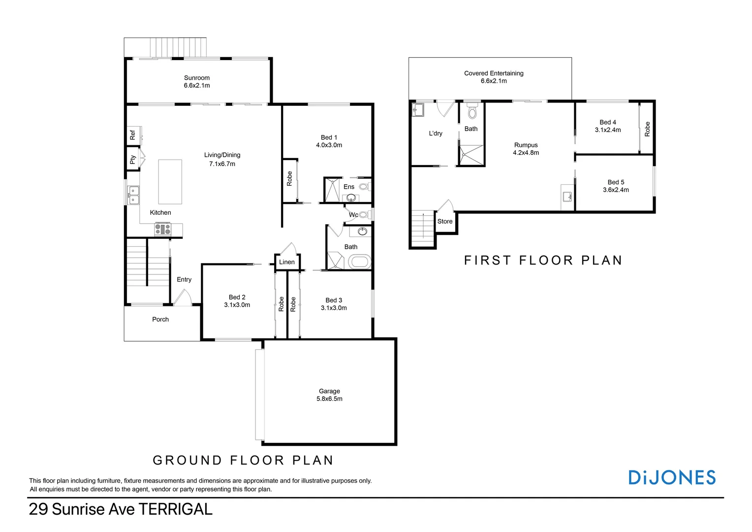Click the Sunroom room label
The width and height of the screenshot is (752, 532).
(x=196, y=78)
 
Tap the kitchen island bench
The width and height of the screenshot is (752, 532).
(x=170, y=182)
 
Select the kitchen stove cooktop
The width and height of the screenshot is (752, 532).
(x=162, y=229)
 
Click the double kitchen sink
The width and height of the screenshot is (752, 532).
(x=133, y=195)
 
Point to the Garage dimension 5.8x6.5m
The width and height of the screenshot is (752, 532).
(x=329, y=399)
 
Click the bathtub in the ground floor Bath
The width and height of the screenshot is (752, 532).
(x=359, y=262)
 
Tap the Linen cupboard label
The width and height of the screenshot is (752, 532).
(x=287, y=262)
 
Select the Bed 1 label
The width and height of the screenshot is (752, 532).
(x=329, y=137)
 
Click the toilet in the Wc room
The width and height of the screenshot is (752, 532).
(x=364, y=215)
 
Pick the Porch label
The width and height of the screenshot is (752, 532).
(x=160, y=320)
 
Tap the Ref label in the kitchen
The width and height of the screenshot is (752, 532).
(x=132, y=134)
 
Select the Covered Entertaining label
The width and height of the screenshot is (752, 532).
(x=494, y=73)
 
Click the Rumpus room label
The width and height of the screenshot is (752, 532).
(x=526, y=145)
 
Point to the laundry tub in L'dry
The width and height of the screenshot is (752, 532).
(x=418, y=110)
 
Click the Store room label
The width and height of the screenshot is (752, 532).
(x=445, y=222)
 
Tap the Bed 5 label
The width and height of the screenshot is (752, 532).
(x=616, y=182)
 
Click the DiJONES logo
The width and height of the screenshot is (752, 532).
(x=672, y=477)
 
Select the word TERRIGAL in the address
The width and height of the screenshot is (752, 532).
(x=175, y=509)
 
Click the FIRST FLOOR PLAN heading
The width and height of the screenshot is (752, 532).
(x=543, y=260)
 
